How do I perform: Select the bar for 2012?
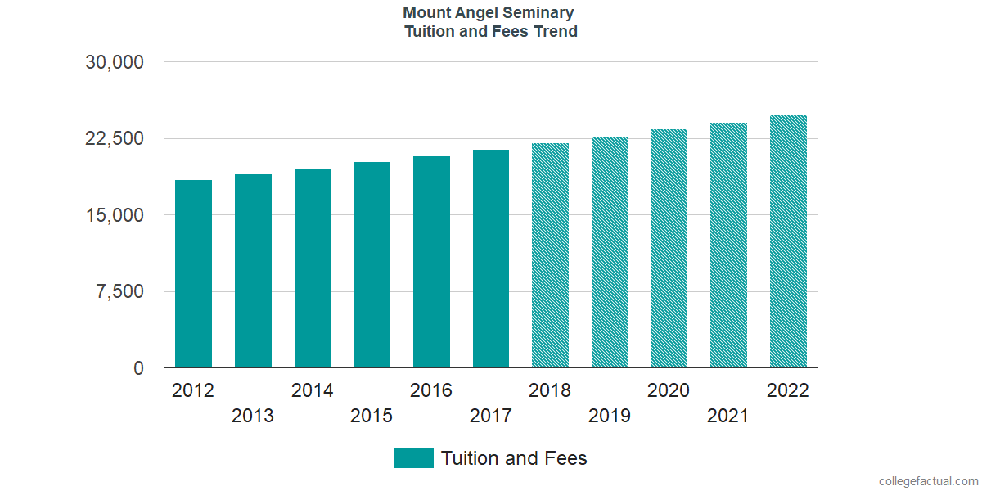click(193, 274)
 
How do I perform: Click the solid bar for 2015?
click(372, 265)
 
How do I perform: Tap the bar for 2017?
click(491, 259)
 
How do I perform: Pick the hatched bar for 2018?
click(550, 255)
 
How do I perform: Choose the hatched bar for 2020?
click(669, 249)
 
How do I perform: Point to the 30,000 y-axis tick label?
click(115, 62)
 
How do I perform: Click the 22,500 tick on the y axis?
click(115, 138)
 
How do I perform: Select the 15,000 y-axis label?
click(115, 215)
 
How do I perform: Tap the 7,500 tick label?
click(119, 292)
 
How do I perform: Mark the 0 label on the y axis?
click(139, 368)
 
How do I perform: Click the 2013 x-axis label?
click(253, 416)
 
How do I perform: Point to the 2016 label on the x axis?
click(431, 390)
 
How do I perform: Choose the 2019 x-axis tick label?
click(610, 416)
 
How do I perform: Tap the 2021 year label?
click(728, 416)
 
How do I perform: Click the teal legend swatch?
click(413, 458)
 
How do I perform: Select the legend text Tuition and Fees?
click(514, 458)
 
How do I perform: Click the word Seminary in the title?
click(540, 13)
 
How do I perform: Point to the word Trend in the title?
click(556, 32)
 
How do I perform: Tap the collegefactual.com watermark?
click(927, 481)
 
